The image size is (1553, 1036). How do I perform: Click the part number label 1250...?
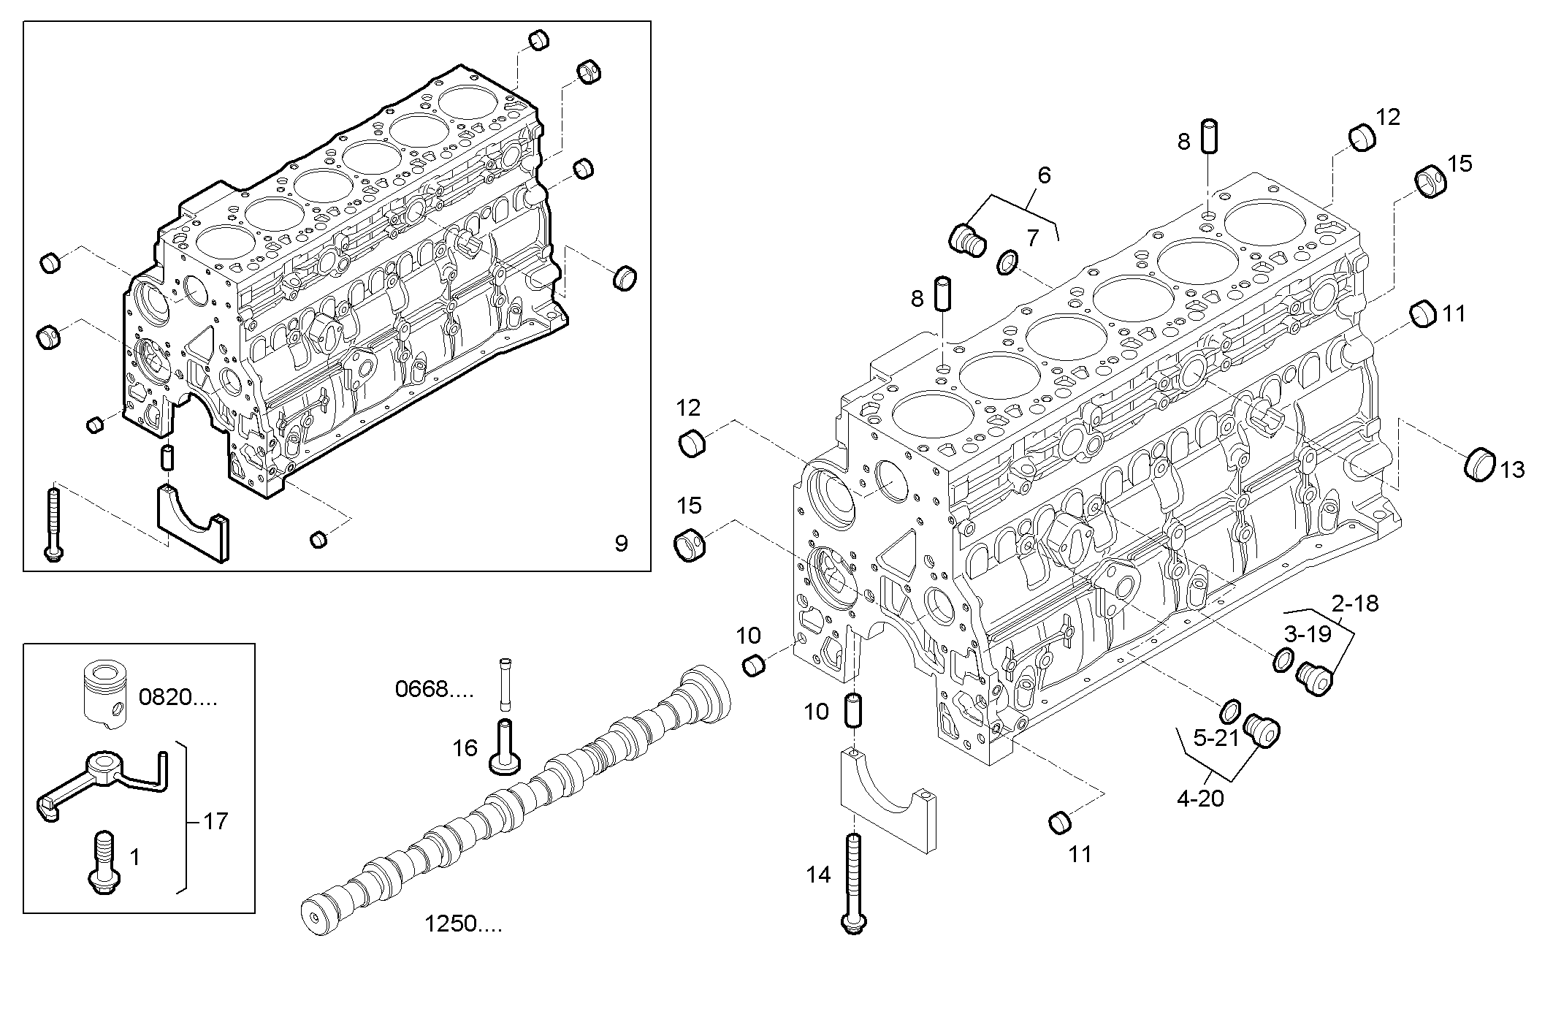(x=463, y=924)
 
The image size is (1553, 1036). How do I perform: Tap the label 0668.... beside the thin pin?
(x=434, y=688)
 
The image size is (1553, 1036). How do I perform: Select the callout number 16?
(x=465, y=747)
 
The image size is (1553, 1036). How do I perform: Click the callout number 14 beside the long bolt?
(x=818, y=874)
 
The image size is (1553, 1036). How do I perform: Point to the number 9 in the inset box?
(x=621, y=544)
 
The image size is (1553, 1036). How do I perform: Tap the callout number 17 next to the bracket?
(x=215, y=821)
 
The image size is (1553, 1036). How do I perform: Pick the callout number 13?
(x=1512, y=469)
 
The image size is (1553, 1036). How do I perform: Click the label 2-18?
(x=1355, y=603)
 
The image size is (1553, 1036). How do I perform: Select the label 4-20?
(x=1200, y=799)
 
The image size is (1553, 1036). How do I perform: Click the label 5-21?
(x=1216, y=739)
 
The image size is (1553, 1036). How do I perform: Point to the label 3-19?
(x=1308, y=633)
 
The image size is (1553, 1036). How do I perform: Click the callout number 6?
(x=1044, y=175)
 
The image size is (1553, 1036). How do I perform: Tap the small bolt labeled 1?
(x=103, y=861)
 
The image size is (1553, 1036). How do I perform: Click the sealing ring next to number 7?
(x=1007, y=262)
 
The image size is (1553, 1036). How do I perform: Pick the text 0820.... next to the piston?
(x=178, y=697)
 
